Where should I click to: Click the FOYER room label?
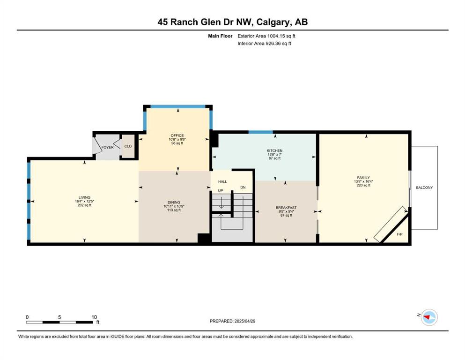(x=107, y=147)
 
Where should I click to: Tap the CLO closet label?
(x=128, y=146)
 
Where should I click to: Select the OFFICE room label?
(x=177, y=135)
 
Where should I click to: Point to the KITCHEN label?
(x=274, y=151)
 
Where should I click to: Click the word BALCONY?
(x=424, y=187)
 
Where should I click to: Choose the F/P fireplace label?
(x=400, y=234)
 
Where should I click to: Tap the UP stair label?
(x=221, y=190)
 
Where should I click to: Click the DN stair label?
(x=243, y=187)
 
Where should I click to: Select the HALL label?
(x=222, y=181)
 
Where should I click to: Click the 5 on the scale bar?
(x=59, y=317)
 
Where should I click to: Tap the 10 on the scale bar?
(x=94, y=317)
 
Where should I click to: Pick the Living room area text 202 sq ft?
(x=84, y=205)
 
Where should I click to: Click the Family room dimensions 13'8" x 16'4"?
(x=363, y=181)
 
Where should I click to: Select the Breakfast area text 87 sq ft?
(x=286, y=215)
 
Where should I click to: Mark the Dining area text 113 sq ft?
(x=174, y=210)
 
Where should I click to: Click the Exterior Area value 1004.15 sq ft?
(x=281, y=36)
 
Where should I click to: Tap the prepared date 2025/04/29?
(x=245, y=321)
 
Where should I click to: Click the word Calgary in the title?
(x=272, y=22)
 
